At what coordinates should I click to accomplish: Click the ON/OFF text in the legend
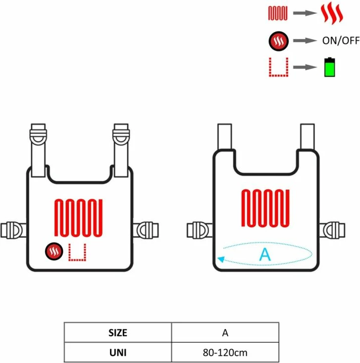[341, 41]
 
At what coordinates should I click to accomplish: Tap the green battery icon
[330, 67]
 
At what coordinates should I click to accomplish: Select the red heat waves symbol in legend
[331, 13]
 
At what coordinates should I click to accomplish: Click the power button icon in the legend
[278, 41]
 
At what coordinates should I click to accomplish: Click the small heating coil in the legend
[278, 13]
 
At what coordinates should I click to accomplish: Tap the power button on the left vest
[54, 251]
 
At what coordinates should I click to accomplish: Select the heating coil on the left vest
[78, 218]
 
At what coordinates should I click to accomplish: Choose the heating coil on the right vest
[265, 208]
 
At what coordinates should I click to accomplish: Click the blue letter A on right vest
[265, 254]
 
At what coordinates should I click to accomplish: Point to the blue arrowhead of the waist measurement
[221, 259]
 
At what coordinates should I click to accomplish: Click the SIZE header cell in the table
[118, 332]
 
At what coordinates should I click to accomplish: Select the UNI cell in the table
[118, 352]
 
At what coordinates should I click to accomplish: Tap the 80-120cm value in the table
[225, 353]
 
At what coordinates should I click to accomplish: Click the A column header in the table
[225, 332]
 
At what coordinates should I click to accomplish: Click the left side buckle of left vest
[13, 230]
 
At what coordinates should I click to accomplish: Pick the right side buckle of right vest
[332, 230]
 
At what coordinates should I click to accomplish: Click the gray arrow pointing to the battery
[305, 67]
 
